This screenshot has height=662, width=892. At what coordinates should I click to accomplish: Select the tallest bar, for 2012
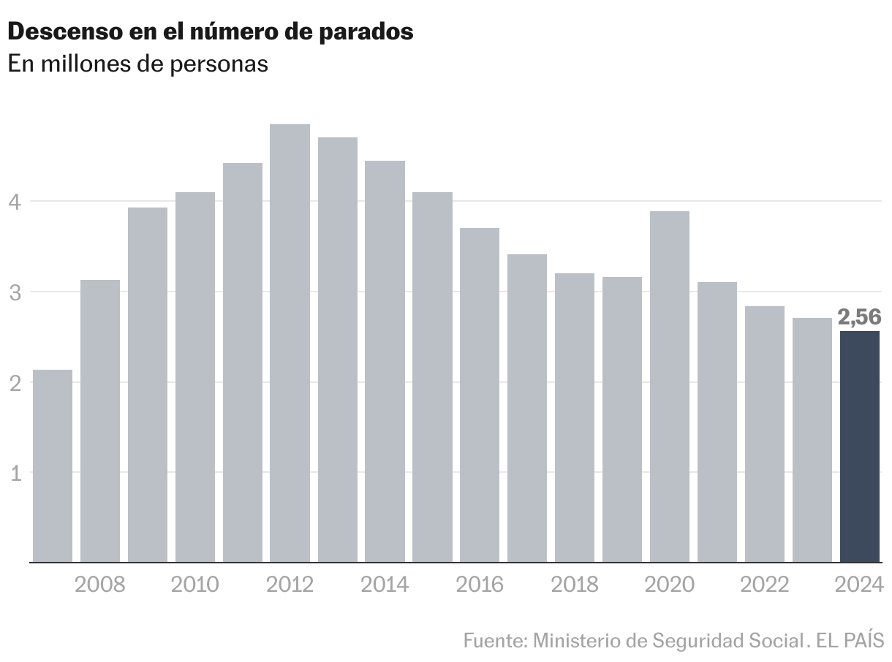[x=290, y=343]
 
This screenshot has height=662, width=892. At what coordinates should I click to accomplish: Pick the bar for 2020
[x=669, y=387]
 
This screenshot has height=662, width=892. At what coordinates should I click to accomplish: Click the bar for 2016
[x=480, y=395]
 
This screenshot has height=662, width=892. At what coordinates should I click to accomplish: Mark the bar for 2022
[x=764, y=434]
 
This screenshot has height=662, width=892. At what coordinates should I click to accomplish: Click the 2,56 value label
[x=859, y=318]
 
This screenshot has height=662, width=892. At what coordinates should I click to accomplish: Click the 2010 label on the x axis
[x=195, y=585]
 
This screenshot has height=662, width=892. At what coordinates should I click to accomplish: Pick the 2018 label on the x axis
[x=575, y=585]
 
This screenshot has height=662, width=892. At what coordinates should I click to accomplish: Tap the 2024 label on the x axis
[x=859, y=585]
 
